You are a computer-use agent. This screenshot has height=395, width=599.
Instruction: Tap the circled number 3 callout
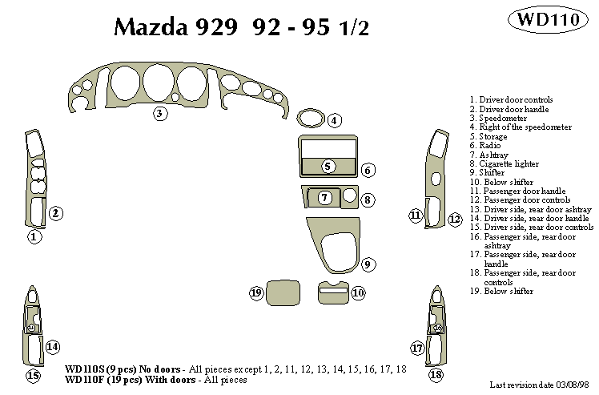pyautogui.click(x=160, y=114)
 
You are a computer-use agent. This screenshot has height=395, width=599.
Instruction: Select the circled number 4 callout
pyautogui.click(x=335, y=121)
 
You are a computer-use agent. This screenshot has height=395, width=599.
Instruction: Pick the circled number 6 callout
pyautogui.click(x=368, y=170)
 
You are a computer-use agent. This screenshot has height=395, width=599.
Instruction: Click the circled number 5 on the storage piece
pyautogui.click(x=328, y=166)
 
